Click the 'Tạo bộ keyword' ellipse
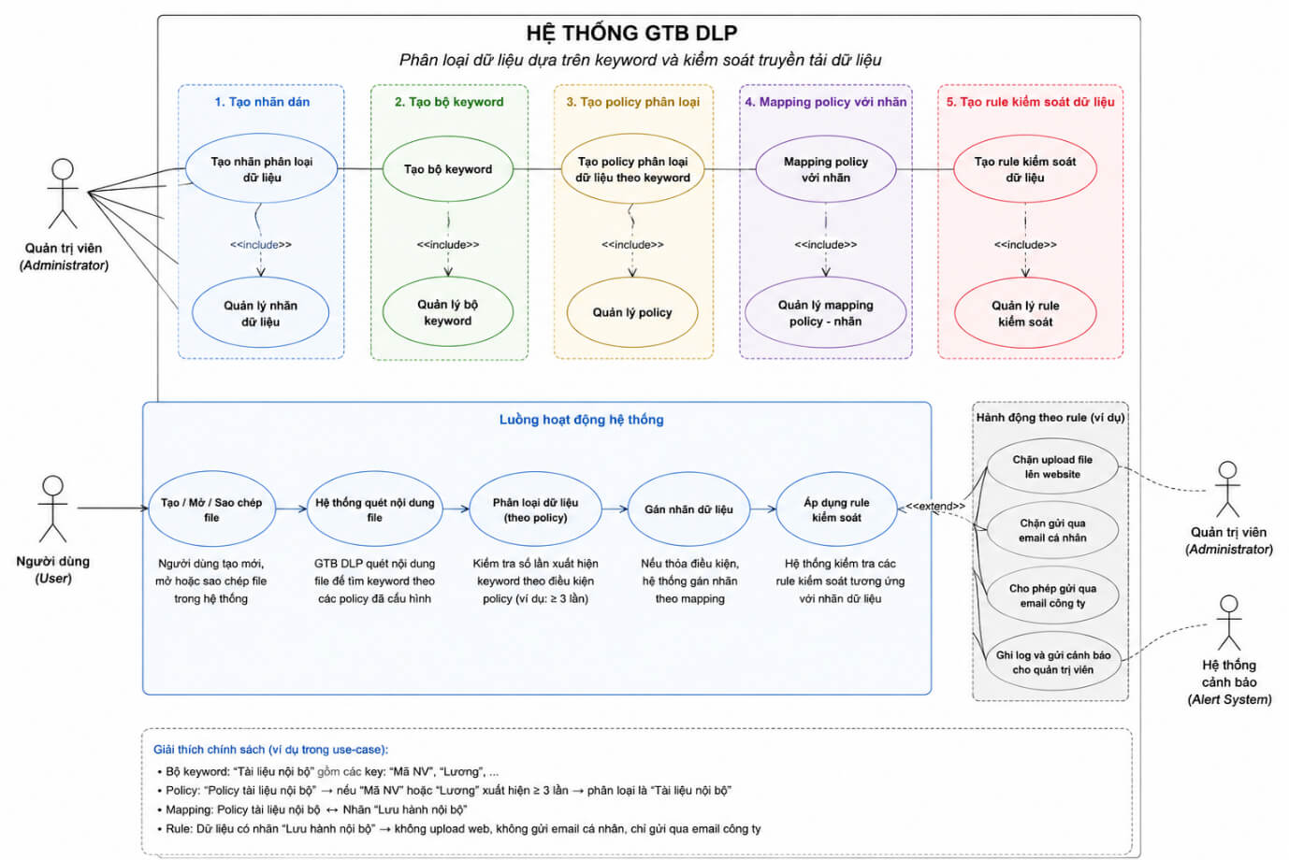pyautogui.click(x=448, y=169)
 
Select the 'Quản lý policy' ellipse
pyautogui.click(x=632, y=312)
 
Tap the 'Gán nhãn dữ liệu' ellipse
pyautogui.click(x=688, y=509)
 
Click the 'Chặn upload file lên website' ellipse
pyautogui.click(x=1052, y=466)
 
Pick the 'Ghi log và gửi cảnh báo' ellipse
pyautogui.click(x=1053, y=662)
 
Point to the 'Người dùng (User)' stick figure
pyautogui.click(x=53, y=509)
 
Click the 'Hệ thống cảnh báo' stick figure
pyautogui.click(x=1229, y=623)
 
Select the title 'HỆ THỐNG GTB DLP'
pyautogui.click(x=631, y=34)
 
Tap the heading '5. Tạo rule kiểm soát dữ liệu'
pyautogui.click(x=1030, y=102)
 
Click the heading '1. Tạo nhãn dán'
pyautogui.click(x=262, y=102)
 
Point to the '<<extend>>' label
pyautogui.click(x=935, y=506)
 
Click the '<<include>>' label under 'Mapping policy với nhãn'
pyautogui.click(x=826, y=244)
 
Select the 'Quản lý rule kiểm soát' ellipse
pyautogui.click(x=1025, y=313)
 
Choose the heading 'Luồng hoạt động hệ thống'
pyautogui.click(x=581, y=420)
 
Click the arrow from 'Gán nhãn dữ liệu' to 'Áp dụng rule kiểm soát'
pyautogui.click(x=763, y=509)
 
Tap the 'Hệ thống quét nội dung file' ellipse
pyautogui.click(x=374, y=509)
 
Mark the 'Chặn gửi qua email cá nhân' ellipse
pyautogui.click(x=1052, y=531)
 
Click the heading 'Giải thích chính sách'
pyautogui.click(x=270, y=750)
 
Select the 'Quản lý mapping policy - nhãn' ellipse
pyautogui.click(x=826, y=313)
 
